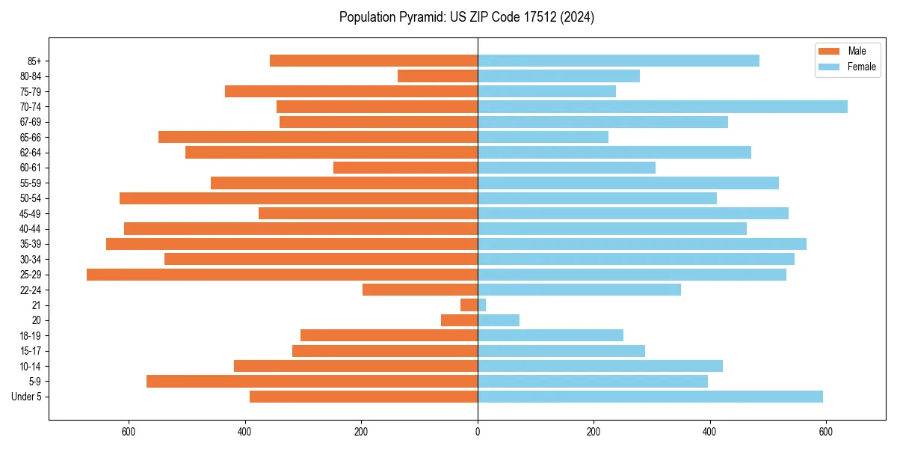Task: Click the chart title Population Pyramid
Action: pos(466,17)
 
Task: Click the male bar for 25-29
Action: pos(282,275)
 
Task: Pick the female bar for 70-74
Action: pos(662,106)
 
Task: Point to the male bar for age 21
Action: pos(469,305)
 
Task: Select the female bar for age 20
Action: pos(498,320)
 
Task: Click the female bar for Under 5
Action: pos(650,397)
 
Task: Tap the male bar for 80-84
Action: pos(437,76)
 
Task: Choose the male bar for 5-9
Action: pos(312,381)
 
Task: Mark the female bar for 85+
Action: pos(618,61)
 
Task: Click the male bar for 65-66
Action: pos(318,137)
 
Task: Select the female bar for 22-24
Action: pos(579,290)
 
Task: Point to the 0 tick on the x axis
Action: pos(478,431)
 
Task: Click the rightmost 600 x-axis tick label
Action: pos(826,431)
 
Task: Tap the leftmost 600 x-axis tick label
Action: pos(129,431)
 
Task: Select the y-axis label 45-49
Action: pos(30,213)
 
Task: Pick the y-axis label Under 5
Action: pos(27,397)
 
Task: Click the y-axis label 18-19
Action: pos(30,335)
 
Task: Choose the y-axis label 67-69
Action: pos(30,122)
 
